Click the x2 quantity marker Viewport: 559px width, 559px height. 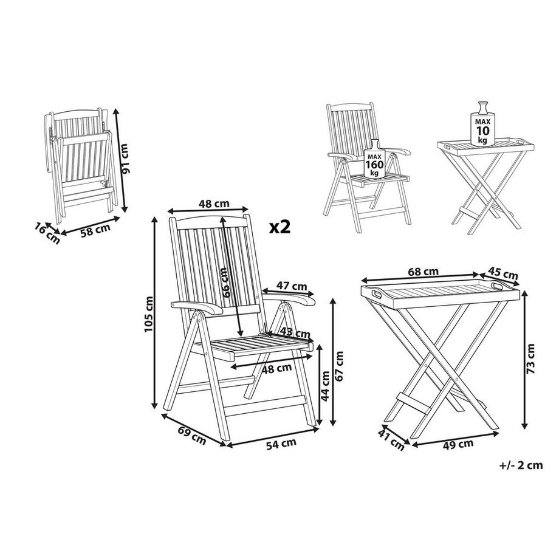(x=280, y=227)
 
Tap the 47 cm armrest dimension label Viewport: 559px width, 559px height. (x=292, y=286)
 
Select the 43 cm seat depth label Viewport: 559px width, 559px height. (x=296, y=334)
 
